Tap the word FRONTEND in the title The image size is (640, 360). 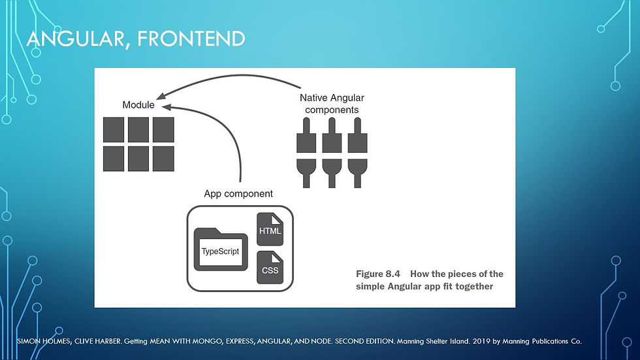click(x=191, y=39)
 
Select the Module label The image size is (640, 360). click(x=138, y=105)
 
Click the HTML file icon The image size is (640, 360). click(x=270, y=229)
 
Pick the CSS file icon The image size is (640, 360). click(x=270, y=268)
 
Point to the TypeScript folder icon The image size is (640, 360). click(x=221, y=250)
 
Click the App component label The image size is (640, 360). click(x=238, y=194)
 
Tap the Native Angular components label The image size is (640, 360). click(x=332, y=104)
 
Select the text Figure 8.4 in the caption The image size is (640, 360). click(x=378, y=274)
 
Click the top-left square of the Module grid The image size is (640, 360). click(x=114, y=130)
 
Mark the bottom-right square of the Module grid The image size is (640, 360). click(x=163, y=159)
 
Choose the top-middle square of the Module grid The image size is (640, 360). click(x=138, y=130)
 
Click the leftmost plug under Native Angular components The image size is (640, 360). click(x=306, y=153)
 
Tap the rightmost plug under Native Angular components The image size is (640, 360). click(x=358, y=153)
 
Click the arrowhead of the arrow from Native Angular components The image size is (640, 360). click(x=161, y=96)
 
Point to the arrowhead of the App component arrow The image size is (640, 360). click(x=167, y=107)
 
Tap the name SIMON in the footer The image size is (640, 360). click(x=29, y=341)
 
